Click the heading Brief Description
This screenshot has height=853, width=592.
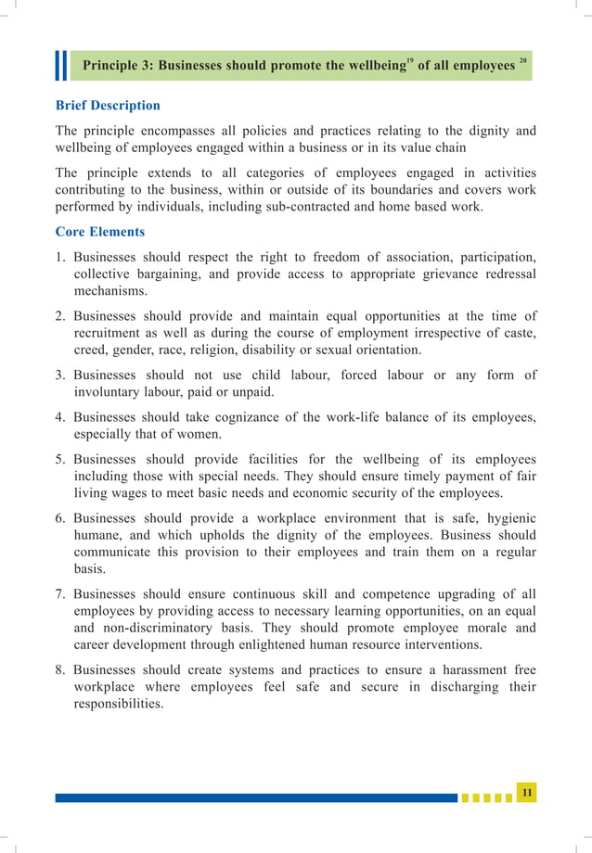point(108,106)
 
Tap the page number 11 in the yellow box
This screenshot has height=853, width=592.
point(527,791)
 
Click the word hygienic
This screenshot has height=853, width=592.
point(505,517)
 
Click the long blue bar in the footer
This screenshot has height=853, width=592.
point(255,797)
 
